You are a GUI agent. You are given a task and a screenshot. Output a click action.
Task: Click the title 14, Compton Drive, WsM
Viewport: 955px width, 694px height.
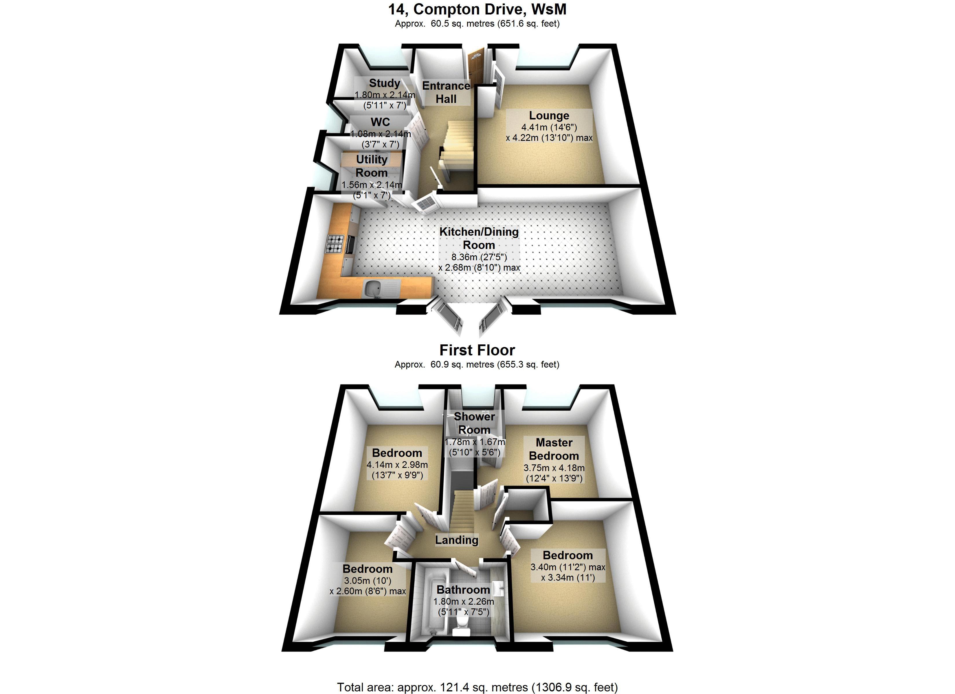click(477, 9)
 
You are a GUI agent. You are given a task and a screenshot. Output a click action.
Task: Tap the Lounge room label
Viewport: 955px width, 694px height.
click(549, 115)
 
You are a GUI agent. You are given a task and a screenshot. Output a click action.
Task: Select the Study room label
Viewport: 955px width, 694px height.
click(384, 83)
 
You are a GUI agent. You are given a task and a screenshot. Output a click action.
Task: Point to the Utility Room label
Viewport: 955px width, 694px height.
click(371, 166)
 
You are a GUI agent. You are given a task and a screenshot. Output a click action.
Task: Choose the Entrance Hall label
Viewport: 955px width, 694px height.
click(446, 92)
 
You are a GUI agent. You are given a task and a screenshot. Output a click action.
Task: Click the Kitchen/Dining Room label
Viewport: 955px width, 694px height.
click(479, 238)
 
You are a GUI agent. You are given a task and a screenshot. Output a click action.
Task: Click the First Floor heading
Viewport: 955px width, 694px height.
click(477, 350)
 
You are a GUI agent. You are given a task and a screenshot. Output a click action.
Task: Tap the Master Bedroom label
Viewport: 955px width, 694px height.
click(554, 449)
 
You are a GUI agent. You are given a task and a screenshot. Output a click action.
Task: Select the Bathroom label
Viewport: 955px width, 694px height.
click(463, 590)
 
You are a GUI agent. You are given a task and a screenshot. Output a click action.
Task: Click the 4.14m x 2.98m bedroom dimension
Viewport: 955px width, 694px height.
click(397, 465)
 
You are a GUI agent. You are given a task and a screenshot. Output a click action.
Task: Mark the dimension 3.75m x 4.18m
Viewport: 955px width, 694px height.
click(554, 468)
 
